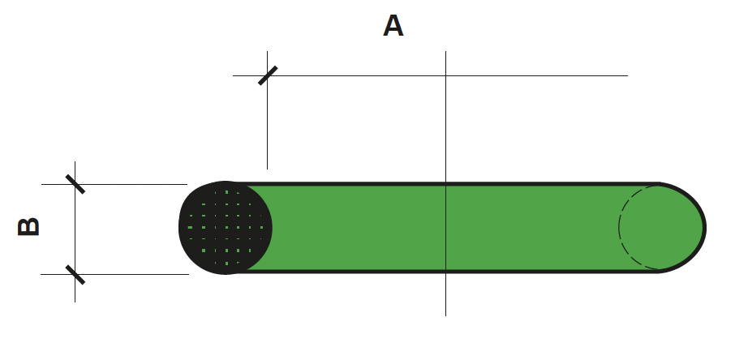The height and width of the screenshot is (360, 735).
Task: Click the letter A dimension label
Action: click(393, 25)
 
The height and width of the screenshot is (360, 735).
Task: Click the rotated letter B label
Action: click(28, 227)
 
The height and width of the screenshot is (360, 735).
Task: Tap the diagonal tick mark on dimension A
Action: click(268, 75)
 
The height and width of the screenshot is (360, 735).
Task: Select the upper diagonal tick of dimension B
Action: click(75, 184)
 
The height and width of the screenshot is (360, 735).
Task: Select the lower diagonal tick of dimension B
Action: click(75, 275)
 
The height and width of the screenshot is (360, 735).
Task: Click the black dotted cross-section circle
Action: click(226, 227)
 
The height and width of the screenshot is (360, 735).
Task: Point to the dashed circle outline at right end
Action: click(619, 227)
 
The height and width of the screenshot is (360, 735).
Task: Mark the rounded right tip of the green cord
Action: click(706, 228)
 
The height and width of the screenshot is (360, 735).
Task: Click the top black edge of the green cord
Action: click(445, 184)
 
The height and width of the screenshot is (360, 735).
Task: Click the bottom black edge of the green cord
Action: click(445, 272)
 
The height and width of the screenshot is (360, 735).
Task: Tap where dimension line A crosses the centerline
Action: click(445, 75)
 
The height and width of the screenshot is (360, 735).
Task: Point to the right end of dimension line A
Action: click(628, 75)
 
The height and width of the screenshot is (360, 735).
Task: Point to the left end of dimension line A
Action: click(233, 75)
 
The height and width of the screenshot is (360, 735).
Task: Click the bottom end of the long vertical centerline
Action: click(445, 316)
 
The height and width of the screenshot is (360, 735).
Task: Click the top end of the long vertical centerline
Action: click(445, 51)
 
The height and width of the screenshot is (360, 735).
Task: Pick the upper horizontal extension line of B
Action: click(114, 184)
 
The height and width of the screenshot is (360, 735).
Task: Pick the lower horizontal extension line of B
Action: click(115, 274)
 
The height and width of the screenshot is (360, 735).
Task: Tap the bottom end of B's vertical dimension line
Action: click(75, 302)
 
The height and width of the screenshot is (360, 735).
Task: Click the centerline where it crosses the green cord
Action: click(445, 227)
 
